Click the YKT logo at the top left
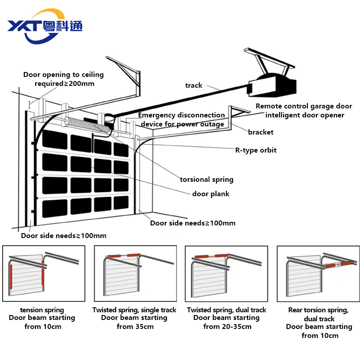click(45, 26)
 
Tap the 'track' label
click(193, 85)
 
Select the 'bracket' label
click(261, 132)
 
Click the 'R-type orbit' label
click(256, 150)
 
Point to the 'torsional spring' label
click(207, 180)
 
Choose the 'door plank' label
click(211, 194)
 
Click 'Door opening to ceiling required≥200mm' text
click(63, 79)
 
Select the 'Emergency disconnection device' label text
click(181, 120)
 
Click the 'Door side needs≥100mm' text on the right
click(193, 223)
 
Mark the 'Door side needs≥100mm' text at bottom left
click(63, 236)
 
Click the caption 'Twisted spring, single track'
click(135, 310)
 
